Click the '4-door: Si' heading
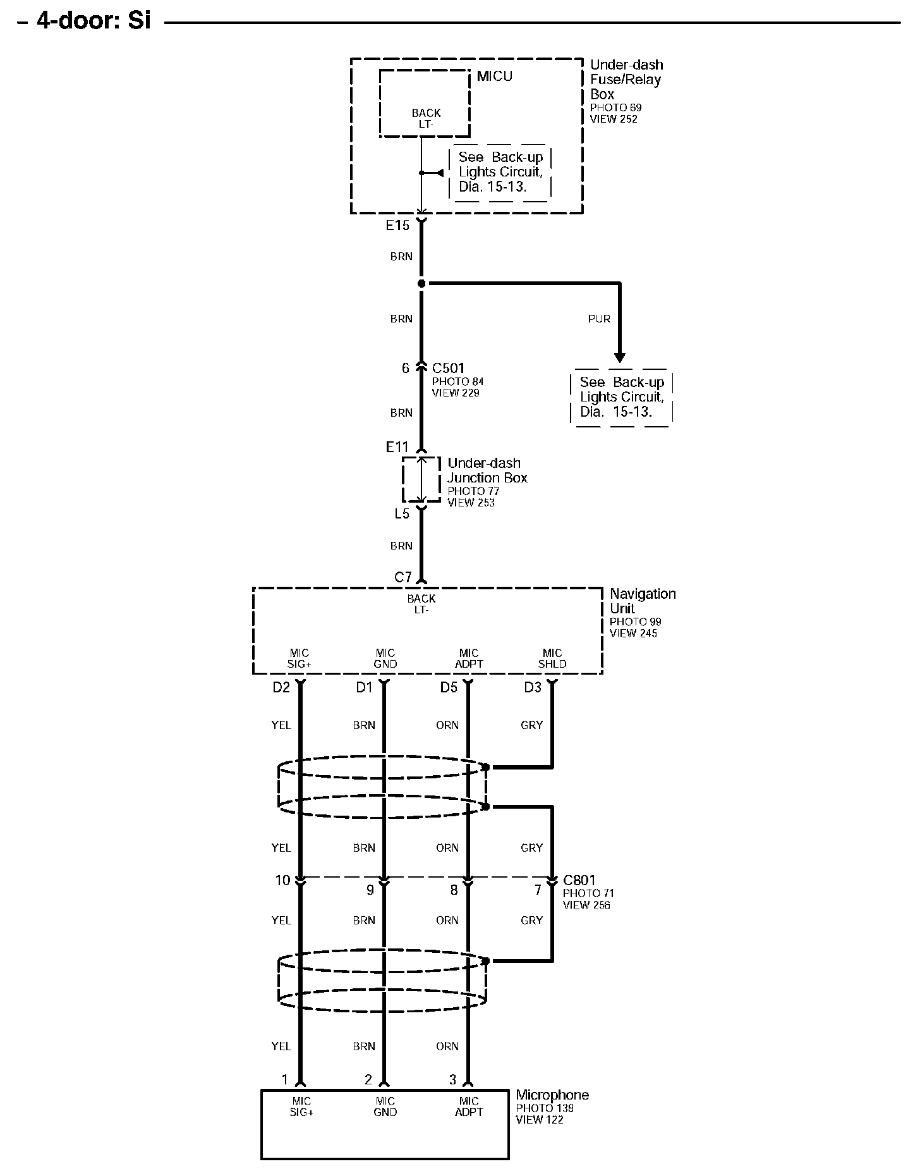(94, 20)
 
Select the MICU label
(494, 77)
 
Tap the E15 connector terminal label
(397, 225)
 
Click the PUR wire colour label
(599, 319)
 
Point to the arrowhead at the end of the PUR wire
(620, 357)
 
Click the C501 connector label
(449, 368)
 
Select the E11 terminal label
(397, 448)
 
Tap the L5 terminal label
(402, 513)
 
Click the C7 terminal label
(402, 577)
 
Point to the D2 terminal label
(281, 687)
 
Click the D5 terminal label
(449, 687)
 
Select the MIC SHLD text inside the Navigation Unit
(552, 658)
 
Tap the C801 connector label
(579, 880)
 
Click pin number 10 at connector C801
(282, 880)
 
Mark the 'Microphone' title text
(552, 1095)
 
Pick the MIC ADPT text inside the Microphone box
(469, 1107)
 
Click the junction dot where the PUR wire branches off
(421, 283)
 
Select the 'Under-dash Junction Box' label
(487, 470)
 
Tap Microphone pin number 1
(285, 1079)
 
